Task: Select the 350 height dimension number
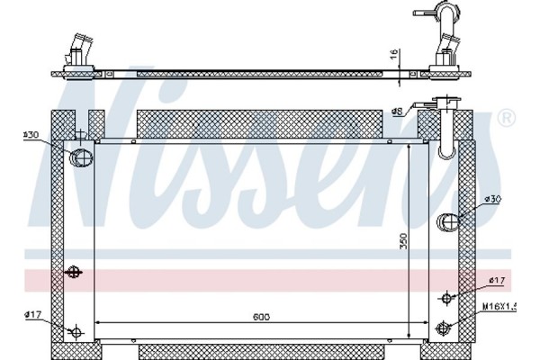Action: (403, 242)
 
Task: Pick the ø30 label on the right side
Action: (493, 199)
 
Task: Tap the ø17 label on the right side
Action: (493, 281)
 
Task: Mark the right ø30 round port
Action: (447, 221)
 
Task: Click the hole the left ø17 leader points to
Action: (76, 333)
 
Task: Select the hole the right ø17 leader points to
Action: (446, 298)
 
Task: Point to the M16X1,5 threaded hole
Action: (442, 327)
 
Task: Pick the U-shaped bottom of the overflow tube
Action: (445, 151)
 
